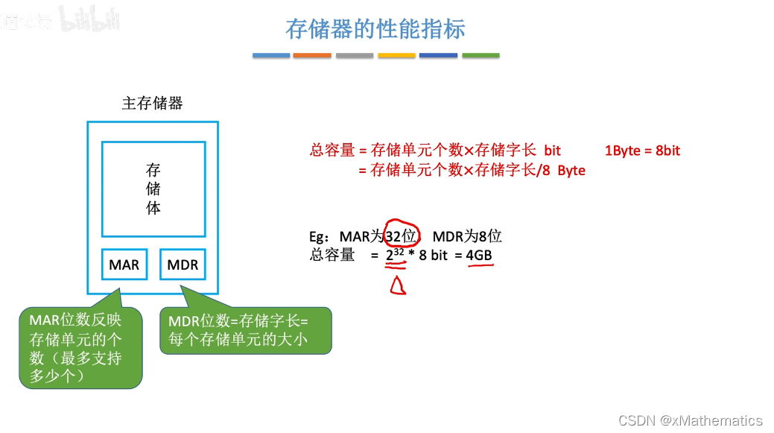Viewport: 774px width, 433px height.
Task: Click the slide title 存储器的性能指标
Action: (375, 29)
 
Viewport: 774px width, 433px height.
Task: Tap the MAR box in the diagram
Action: (124, 265)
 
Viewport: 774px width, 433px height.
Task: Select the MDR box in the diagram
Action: (183, 265)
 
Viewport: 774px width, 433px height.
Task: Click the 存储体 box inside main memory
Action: (153, 189)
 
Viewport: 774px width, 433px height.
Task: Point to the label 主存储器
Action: (152, 103)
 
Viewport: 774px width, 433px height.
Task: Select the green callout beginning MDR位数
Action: (245, 331)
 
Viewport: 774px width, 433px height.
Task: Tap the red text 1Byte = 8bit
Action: (642, 151)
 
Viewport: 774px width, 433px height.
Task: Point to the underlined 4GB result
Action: (479, 256)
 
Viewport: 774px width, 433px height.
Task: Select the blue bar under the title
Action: (271, 55)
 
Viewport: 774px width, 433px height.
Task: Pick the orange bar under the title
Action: (312, 55)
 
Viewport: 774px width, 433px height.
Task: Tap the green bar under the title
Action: (480, 55)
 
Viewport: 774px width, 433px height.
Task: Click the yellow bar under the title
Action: (396, 55)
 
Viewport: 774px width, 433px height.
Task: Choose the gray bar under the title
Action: (355, 55)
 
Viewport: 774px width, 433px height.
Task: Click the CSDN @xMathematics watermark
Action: (691, 420)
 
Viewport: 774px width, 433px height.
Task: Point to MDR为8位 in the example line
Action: (467, 236)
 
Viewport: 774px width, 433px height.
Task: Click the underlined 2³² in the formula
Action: (395, 256)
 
